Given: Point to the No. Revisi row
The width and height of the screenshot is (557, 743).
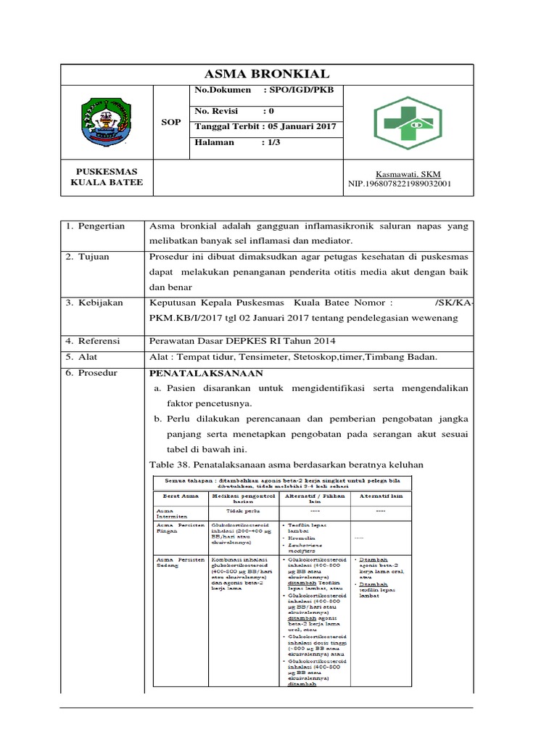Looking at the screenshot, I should pos(234,112).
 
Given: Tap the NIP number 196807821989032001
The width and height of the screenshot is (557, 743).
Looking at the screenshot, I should pos(400,184).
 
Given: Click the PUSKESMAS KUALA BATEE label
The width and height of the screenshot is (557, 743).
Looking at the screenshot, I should pos(107,177).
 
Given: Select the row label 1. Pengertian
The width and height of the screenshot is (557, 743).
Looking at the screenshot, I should pos(96,226).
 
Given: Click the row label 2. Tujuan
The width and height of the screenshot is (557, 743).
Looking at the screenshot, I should pos(90,258).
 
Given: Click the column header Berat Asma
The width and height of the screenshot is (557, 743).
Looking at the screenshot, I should pos(176,496).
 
